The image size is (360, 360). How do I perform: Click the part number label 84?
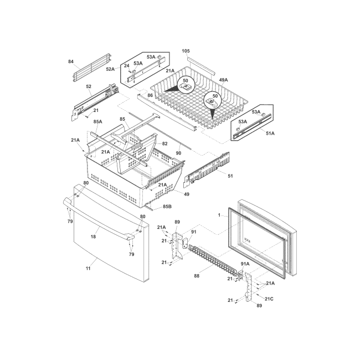71,61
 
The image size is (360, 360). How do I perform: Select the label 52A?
110,69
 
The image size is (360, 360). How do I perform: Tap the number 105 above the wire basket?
186,51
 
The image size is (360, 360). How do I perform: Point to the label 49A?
223,80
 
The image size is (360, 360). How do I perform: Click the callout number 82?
164,143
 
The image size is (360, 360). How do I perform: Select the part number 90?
178,153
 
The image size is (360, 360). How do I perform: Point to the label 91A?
244,264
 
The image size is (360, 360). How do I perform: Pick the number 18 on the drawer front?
93,236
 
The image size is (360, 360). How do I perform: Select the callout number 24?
126,66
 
